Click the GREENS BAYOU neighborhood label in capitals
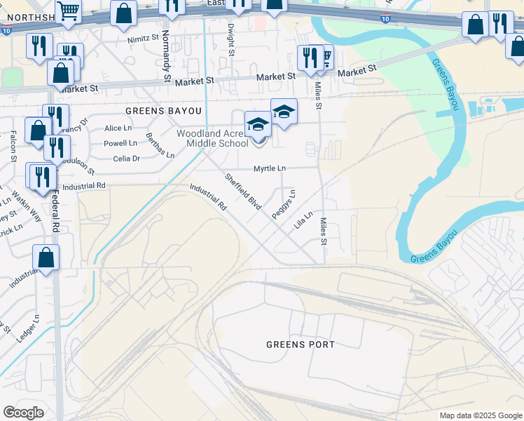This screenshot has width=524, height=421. (163, 112)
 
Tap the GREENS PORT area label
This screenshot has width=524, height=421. (301, 345)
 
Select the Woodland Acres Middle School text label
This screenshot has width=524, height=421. (212, 138)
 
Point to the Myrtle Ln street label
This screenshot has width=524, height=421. (270, 169)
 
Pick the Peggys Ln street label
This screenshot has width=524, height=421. (284, 204)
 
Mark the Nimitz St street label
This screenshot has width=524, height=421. (144, 41)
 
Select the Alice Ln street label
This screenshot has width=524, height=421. (118, 128)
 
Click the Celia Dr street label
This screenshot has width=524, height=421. (127, 159)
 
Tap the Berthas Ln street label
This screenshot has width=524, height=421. (160, 145)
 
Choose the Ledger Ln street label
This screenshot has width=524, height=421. (27, 328)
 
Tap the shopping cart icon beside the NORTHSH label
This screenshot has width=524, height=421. (69, 11)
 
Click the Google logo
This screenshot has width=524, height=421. (23, 413)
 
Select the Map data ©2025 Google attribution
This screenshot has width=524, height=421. (480, 415)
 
